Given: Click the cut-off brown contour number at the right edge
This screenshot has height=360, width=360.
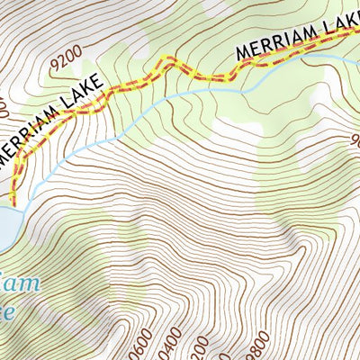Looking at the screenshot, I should coord(354,140).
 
